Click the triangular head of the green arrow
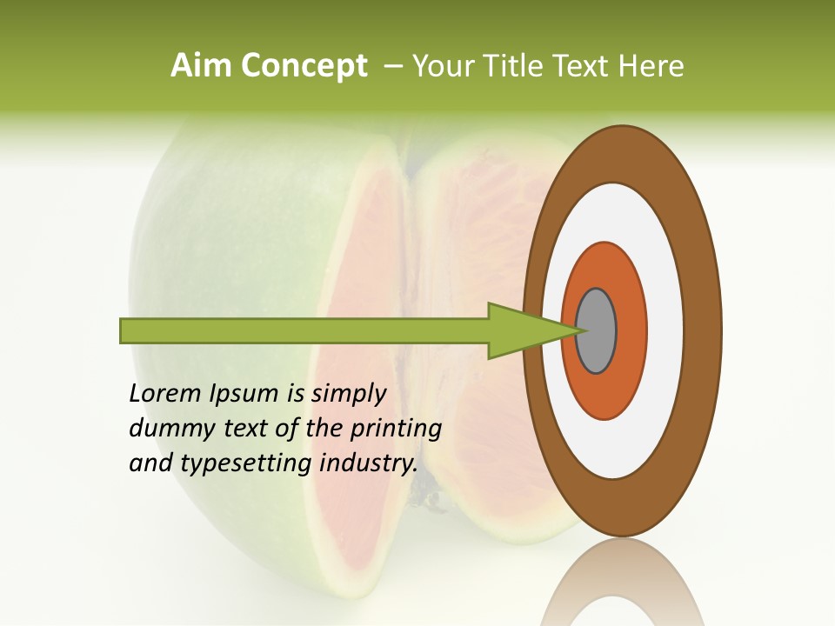click(522, 331)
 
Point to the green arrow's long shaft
click(304, 331)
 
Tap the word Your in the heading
click(439, 66)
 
